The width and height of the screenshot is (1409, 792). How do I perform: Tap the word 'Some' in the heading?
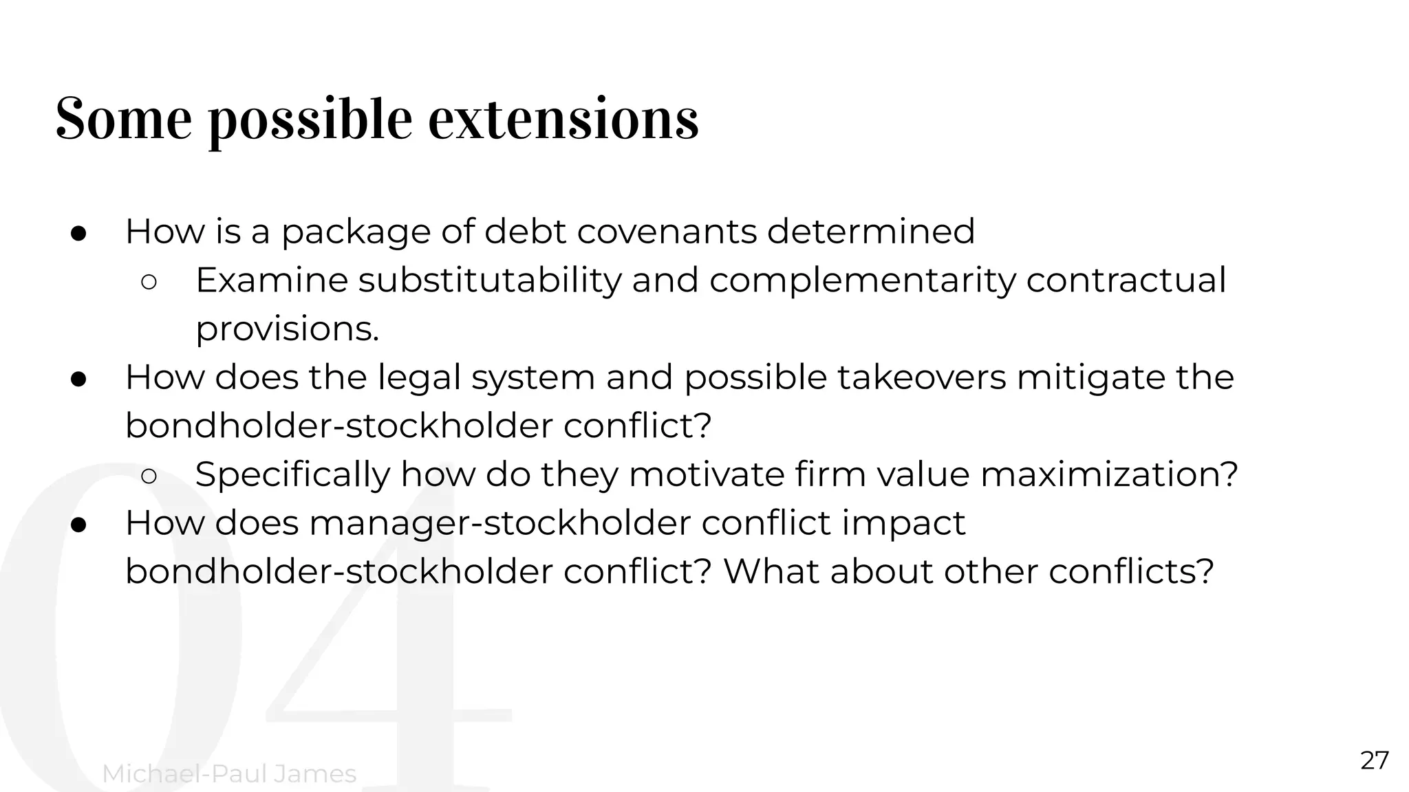[123, 119]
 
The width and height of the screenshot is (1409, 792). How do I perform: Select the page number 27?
[1375, 761]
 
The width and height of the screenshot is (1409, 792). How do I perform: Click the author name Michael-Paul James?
[229, 774]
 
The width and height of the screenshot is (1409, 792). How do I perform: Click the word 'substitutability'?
[489, 280]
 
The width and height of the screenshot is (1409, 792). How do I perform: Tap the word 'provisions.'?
[288, 329]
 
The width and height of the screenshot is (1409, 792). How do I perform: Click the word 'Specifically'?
[292, 474]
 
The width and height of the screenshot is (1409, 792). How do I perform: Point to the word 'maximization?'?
[1109, 474]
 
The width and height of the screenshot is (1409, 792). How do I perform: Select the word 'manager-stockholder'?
[499, 523]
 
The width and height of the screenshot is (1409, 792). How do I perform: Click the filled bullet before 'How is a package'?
[78, 233]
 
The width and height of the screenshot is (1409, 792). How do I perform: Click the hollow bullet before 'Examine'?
[149, 282]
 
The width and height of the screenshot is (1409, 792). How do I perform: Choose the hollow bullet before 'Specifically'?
[149, 476]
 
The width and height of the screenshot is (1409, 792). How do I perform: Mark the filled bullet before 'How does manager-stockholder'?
[78, 525]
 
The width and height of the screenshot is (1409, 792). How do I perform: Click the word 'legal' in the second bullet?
[419, 377]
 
